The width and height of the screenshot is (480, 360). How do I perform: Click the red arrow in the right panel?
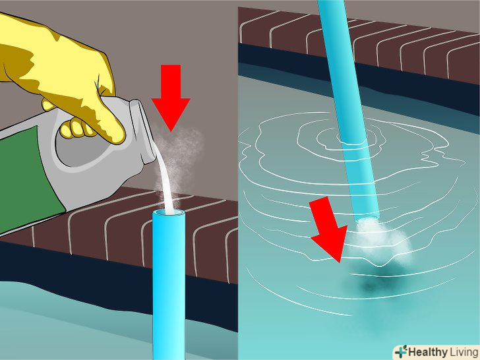coord(330,229)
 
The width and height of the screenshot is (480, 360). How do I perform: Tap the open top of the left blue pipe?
coord(169,212)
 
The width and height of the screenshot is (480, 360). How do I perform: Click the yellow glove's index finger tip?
coord(118,136)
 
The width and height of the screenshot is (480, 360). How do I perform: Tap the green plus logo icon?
coord(401,351)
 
